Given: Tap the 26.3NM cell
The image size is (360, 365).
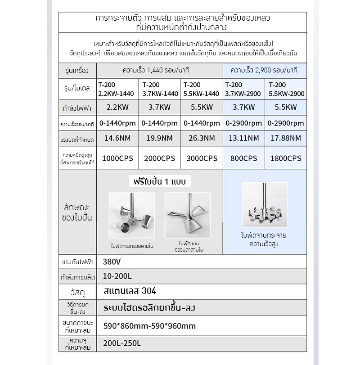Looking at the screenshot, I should [x=201, y=138].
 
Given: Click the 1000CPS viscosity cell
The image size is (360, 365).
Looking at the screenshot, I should [x=118, y=158].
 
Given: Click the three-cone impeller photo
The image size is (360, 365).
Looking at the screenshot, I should [x=132, y=216].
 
